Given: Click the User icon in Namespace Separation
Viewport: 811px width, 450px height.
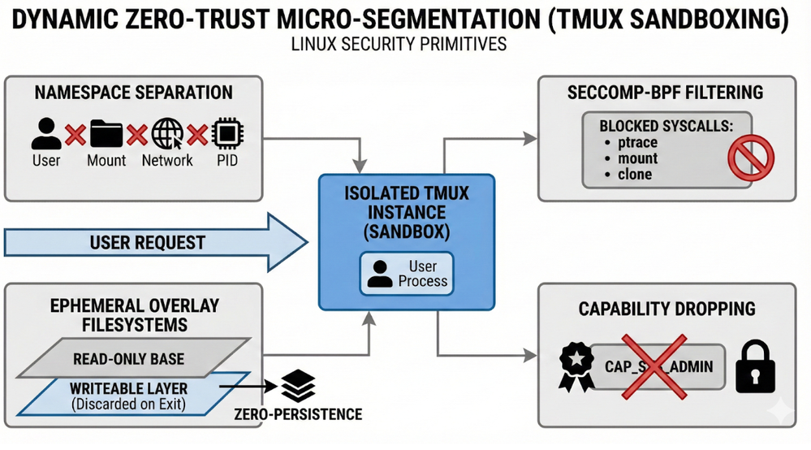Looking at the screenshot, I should [x=45, y=132].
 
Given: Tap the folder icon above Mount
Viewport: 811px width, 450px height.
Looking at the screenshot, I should [x=106, y=132].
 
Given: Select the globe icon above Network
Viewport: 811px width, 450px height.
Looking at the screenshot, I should [x=167, y=132].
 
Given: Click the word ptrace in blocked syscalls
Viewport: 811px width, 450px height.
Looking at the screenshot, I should [x=636, y=143].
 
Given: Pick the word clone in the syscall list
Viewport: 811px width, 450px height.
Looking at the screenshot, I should [x=634, y=174].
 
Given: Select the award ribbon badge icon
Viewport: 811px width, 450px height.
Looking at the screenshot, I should [x=572, y=366].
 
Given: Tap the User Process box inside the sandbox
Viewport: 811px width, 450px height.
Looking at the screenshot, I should [x=407, y=274].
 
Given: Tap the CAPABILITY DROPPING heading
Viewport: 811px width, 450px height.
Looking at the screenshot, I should [x=666, y=309].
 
